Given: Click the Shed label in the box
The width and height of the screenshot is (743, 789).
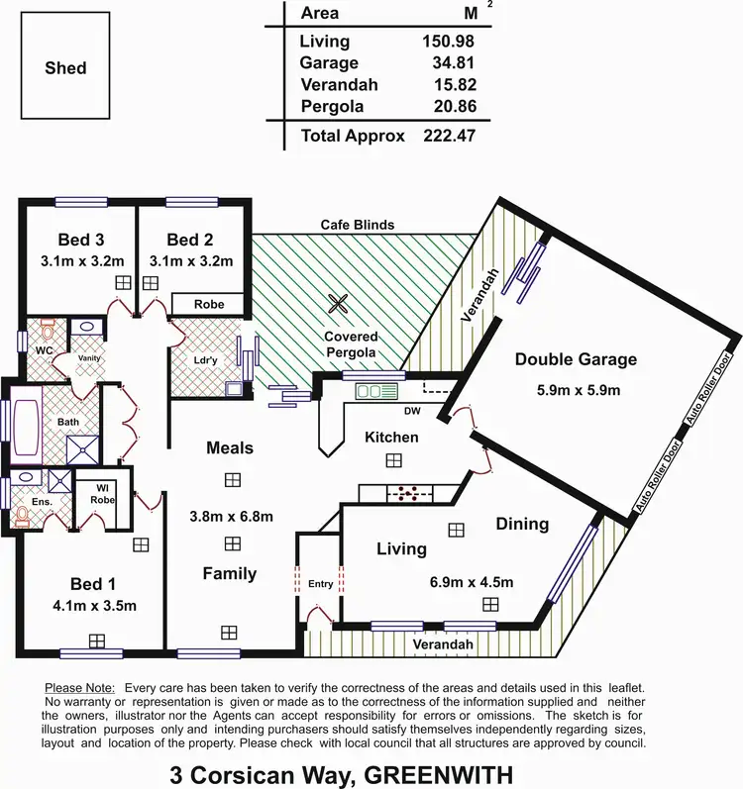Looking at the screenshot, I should coord(65,68).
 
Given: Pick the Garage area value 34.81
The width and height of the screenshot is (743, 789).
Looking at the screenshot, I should coord(449,61).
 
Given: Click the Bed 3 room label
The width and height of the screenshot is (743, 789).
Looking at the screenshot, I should coord(81,240).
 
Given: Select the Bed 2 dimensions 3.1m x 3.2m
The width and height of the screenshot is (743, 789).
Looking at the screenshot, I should coord(191,262).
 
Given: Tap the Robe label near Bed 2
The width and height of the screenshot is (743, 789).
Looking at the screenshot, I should coord(208,304).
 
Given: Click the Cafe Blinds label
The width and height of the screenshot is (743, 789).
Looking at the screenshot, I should coord(357,225).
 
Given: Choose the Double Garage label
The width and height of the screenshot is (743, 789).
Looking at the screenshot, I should coord(576,359).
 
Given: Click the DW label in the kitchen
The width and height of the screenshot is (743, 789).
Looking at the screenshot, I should coord(413,409).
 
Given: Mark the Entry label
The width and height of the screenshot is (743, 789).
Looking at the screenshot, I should coord(320,584).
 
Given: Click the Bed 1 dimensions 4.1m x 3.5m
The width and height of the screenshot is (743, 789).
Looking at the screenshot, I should coord(96,606).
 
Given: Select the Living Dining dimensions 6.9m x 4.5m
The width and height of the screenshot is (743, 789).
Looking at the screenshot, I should coord(471,581).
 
